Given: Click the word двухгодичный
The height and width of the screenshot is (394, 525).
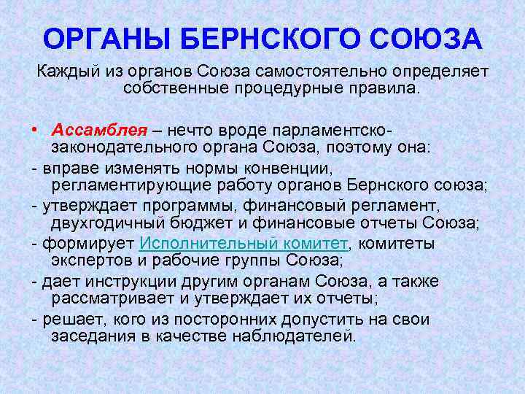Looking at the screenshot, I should tap(106, 223).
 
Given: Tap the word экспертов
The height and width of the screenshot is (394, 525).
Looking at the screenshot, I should tap(90, 261).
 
